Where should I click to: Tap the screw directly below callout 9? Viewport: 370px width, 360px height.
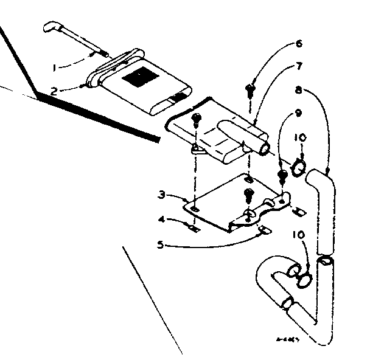tap(282, 177)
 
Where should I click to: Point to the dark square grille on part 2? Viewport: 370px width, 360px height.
tap(138, 78)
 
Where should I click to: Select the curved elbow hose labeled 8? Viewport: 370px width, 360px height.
tap(324, 207)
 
